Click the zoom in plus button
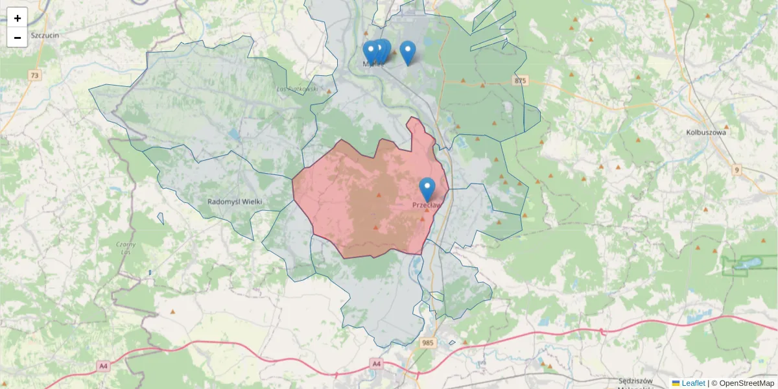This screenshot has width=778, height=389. [18, 18]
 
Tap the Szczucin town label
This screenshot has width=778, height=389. [45, 35]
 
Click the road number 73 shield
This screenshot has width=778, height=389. [34, 76]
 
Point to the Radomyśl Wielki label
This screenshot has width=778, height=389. [235, 202]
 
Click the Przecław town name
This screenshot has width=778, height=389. [426, 206]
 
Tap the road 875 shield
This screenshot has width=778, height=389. [519, 80]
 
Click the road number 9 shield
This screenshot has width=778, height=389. [736, 170]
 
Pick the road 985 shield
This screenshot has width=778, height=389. [427, 342]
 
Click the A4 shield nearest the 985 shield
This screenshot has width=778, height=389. [377, 364]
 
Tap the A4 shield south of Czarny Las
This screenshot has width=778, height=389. [103, 366]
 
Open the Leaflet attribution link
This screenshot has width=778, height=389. [693, 383]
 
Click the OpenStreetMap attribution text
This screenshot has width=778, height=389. [746, 383]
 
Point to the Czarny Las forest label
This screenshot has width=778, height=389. [126, 248]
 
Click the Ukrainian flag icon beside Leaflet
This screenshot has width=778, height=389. [676, 383]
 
